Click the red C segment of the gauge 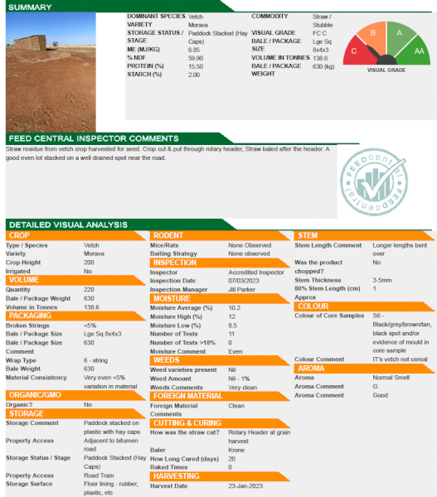355,50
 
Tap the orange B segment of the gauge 373,33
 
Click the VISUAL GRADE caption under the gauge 386,70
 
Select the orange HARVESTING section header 177,475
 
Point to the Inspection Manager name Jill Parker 243,288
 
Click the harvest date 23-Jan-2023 246,486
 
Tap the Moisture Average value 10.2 235,307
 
